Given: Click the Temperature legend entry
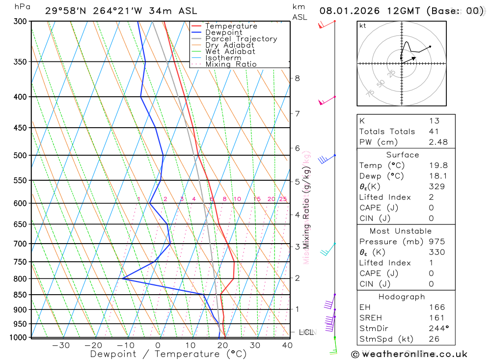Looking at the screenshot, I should (x=231, y=26).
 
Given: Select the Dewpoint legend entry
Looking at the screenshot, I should (x=223, y=32).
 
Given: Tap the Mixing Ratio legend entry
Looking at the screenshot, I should (x=231, y=64).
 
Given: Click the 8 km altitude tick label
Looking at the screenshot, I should (x=297, y=78).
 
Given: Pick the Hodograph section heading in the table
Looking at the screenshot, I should (x=402, y=297).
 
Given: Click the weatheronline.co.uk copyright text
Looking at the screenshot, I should (x=409, y=354).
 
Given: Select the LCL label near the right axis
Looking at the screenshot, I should (x=306, y=332).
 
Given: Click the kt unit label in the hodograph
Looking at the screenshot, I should (x=362, y=26).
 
